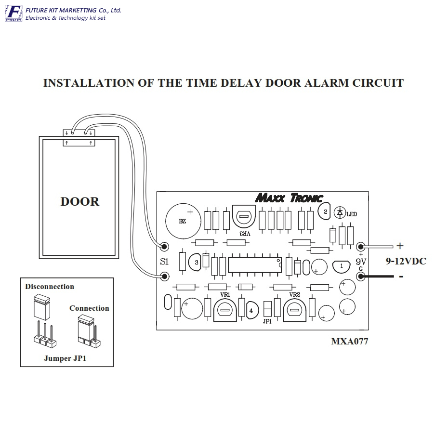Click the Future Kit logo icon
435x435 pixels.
click(13, 13)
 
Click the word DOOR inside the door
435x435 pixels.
click(79, 202)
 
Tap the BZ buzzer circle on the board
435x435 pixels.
click(183, 221)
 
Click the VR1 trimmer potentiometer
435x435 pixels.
click(225, 310)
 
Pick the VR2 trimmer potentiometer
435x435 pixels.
click(294, 310)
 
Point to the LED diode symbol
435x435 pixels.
click(340, 212)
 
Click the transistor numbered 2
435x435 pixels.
click(324, 211)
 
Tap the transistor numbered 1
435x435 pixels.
click(341, 266)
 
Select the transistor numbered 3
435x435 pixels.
click(195, 262)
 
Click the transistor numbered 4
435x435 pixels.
click(252, 310)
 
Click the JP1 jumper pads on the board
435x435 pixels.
click(267, 309)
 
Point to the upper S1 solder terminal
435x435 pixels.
click(165, 246)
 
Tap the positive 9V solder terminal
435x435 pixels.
click(361, 246)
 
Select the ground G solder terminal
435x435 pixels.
click(361, 277)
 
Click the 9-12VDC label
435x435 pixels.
click(406, 261)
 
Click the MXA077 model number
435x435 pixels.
click(350, 341)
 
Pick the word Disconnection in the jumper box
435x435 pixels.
click(50, 287)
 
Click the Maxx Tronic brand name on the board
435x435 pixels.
click(289, 198)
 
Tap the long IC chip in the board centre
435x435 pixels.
click(255, 265)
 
